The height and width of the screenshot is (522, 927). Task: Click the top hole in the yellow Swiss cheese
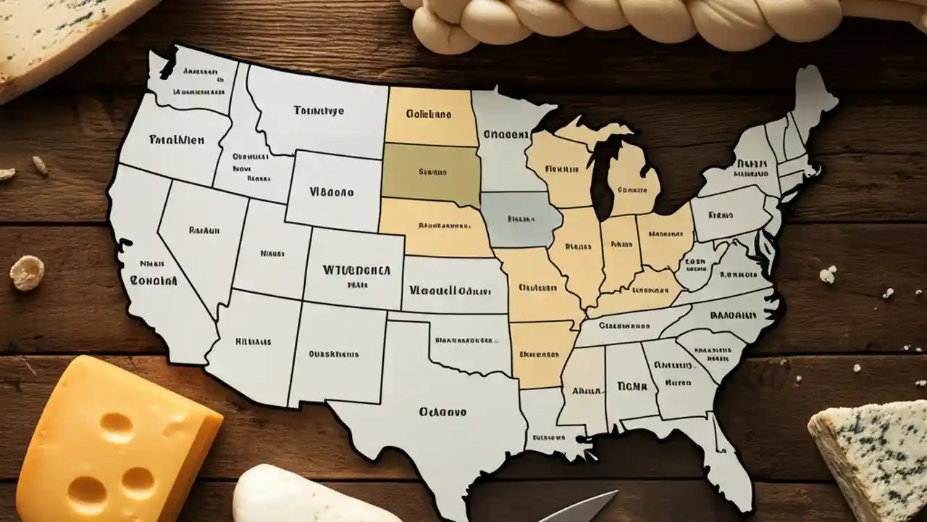pos(117,427)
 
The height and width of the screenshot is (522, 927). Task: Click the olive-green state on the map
pos(432,173)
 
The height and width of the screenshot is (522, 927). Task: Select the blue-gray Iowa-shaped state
pos(520,218)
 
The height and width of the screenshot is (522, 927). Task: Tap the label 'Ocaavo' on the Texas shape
pos(442,412)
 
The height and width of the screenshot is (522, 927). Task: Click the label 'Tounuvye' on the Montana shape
pos(319,111)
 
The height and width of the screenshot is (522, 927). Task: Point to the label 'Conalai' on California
pos(154,280)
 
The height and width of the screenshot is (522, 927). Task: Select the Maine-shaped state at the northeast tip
pos(811,98)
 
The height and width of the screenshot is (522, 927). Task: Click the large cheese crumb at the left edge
pos(27,273)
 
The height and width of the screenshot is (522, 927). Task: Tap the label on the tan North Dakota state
pos(428,114)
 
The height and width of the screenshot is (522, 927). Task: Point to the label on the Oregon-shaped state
pos(175,139)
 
